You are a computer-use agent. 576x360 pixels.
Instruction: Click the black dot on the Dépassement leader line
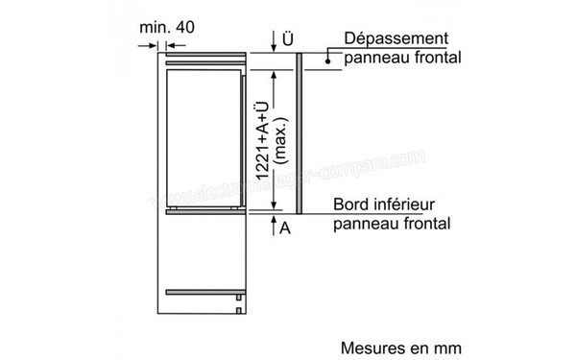pyautogui.click(x=327, y=60)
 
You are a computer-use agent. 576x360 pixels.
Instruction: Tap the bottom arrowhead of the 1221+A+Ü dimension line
pyautogui.click(x=274, y=204)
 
